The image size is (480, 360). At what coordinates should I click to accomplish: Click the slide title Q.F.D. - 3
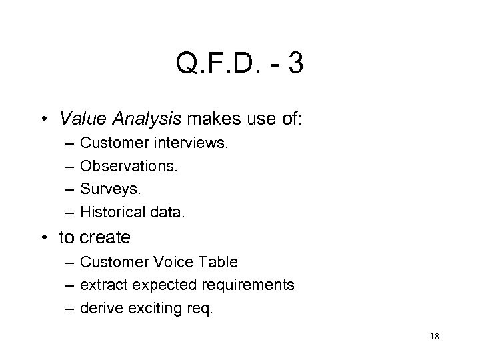tap(240, 65)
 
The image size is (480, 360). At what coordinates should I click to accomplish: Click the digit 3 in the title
tap(295, 65)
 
